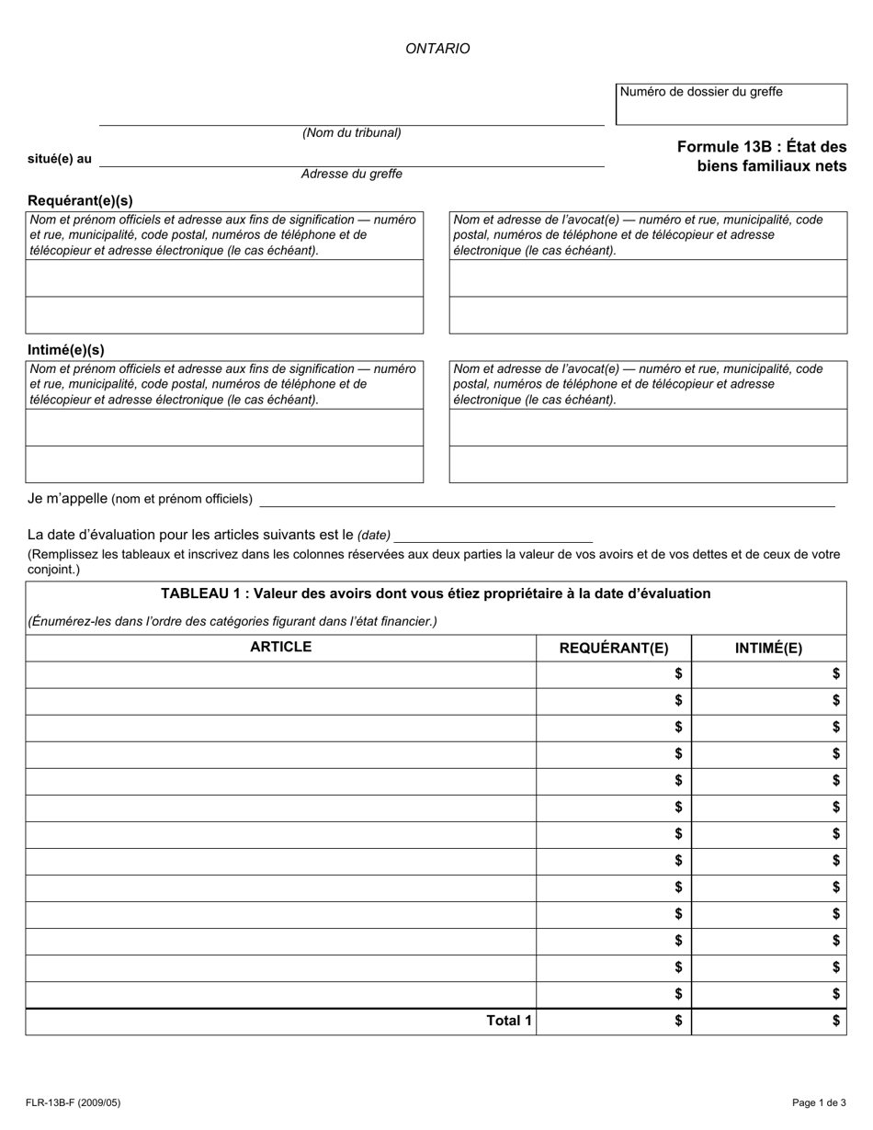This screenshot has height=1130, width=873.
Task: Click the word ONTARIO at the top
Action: click(437, 49)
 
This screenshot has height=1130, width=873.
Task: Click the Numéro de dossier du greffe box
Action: click(731, 104)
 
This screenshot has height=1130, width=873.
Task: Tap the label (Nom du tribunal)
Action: click(352, 132)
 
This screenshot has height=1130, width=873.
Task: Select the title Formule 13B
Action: click(761, 156)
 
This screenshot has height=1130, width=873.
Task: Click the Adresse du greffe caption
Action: click(351, 174)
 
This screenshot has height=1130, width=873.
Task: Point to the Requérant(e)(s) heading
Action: click(80, 200)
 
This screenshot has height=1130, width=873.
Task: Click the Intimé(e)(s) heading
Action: click(66, 350)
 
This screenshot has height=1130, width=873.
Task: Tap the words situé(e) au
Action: click(60, 159)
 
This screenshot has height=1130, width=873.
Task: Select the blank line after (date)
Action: click(493, 535)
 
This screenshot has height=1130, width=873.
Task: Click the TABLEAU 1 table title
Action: click(436, 593)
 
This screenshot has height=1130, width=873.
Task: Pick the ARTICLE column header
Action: click(280, 647)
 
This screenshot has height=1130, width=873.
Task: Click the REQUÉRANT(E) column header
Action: click(614, 648)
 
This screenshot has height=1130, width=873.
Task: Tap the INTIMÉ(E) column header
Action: click(768, 648)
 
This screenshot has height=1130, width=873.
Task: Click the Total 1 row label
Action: click(508, 1021)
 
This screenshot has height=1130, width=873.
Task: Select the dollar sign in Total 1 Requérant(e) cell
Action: click(678, 1021)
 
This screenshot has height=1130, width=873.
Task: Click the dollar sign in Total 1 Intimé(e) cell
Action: click(835, 1021)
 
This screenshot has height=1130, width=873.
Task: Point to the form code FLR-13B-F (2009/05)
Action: click(73, 1102)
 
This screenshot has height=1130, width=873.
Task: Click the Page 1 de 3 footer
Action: click(819, 1102)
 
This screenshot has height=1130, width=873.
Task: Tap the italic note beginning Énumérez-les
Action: click(232, 621)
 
